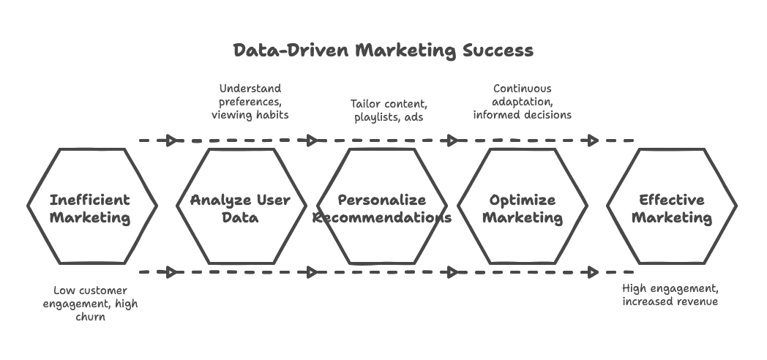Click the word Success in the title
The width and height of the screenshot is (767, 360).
pyautogui.click(x=498, y=50)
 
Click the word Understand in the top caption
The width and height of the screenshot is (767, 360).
pyautogui.click(x=250, y=89)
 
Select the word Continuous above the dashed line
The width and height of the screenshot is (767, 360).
pyautogui.click(x=522, y=89)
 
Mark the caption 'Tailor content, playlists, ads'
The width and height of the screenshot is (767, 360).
pyautogui.click(x=388, y=110)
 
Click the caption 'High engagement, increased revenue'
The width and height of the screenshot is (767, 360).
pyautogui.click(x=670, y=296)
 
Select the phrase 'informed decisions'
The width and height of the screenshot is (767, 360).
pyautogui.click(x=523, y=115)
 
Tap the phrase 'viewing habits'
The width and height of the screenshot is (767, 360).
pyautogui.click(x=250, y=115)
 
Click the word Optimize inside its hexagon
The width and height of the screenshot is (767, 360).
pyautogui.click(x=523, y=200)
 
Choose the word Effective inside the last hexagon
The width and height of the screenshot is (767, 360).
pyautogui.click(x=672, y=200)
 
